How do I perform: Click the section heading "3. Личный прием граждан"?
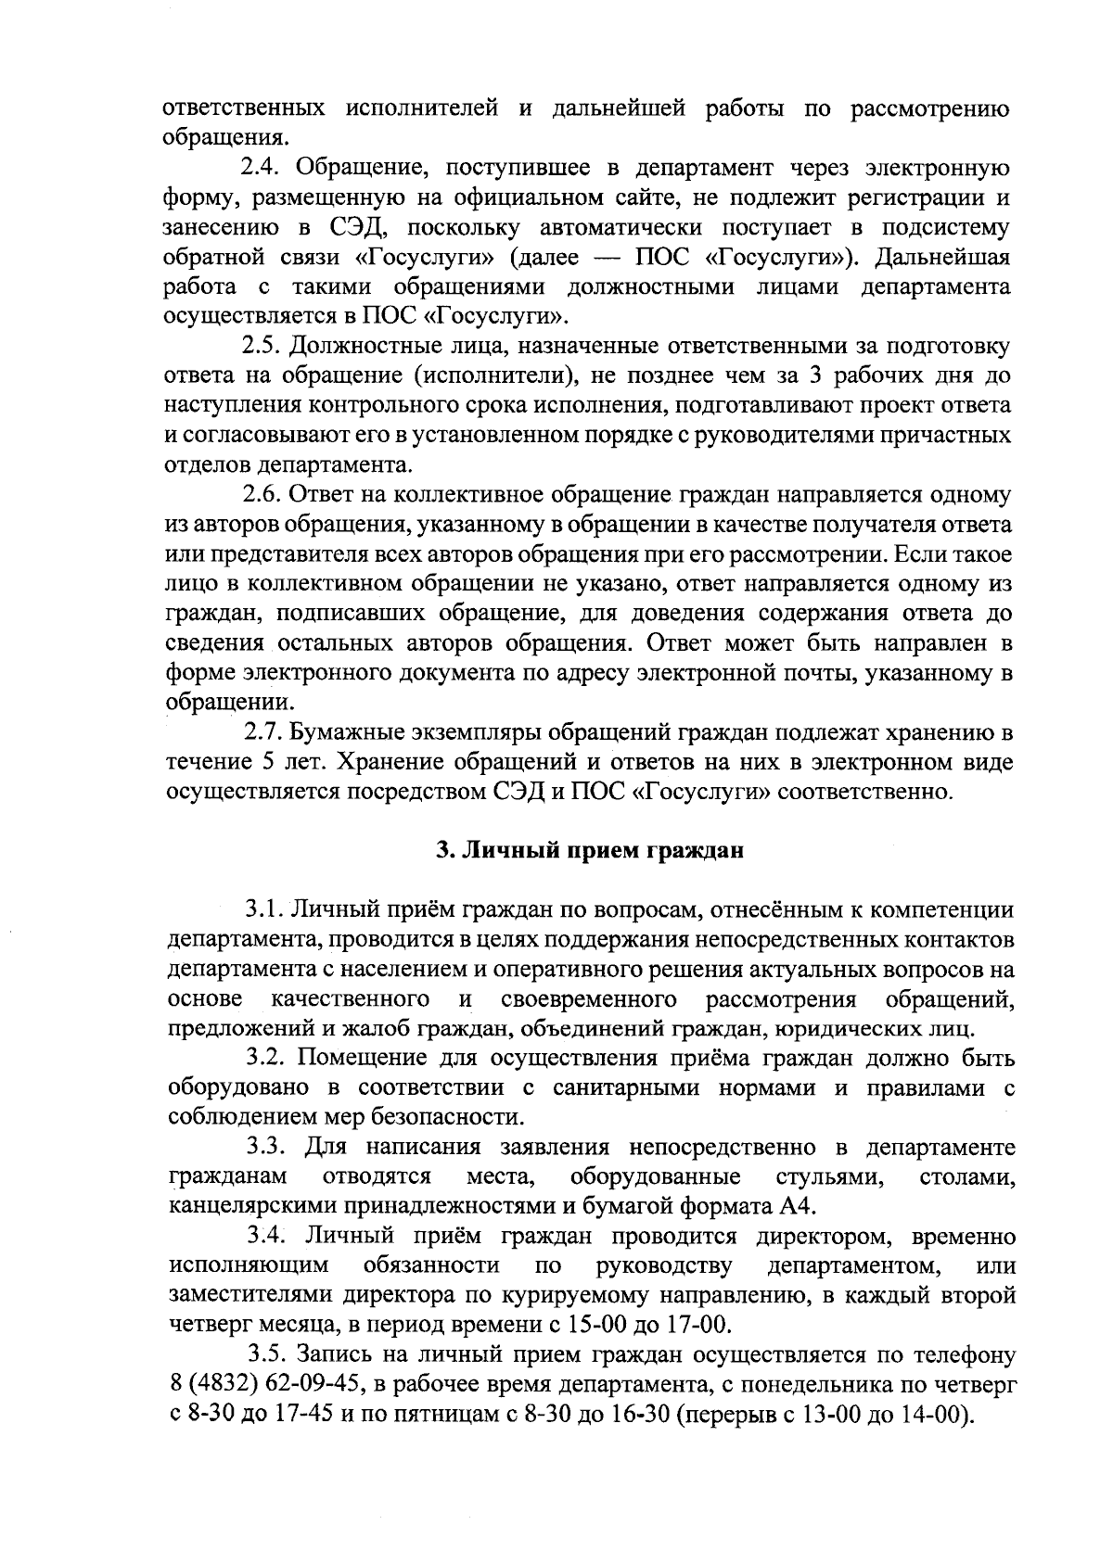tap(590, 851)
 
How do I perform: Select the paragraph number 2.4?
tap(265, 169)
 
